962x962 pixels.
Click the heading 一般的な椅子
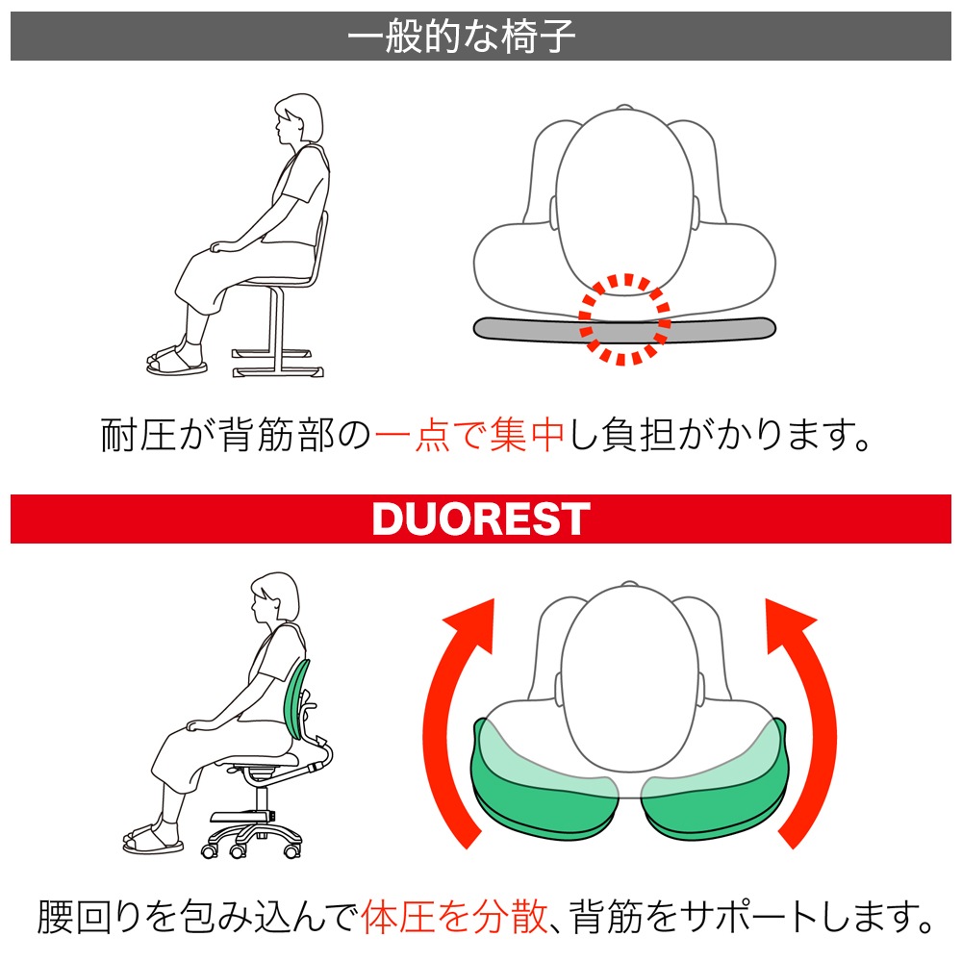(x=462, y=37)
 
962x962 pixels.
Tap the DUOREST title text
(x=481, y=519)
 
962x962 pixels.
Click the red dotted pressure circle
(x=624, y=319)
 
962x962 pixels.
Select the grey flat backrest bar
(x=624, y=329)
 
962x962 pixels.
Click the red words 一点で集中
(x=469, y=435)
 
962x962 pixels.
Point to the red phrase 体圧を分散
(x=454, y=917)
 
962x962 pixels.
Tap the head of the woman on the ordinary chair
(x=298, y=118)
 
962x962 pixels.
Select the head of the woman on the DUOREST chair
(x=275, y=597)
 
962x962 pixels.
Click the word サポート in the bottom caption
(x=749, y=917)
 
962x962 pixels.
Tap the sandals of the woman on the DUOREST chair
(x=153, y=839)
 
